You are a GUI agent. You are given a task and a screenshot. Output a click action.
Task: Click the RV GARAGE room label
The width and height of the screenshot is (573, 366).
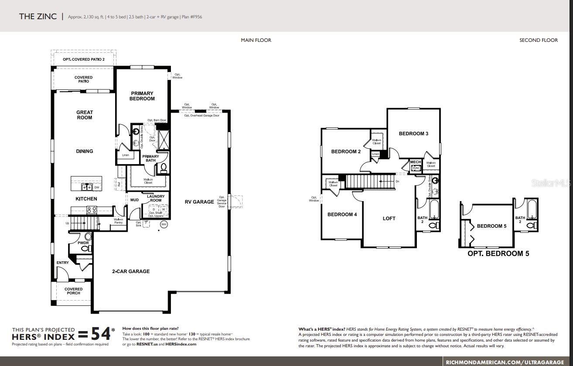point(199,202)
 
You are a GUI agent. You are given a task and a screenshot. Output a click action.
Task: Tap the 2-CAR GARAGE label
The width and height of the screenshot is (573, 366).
point(131,271)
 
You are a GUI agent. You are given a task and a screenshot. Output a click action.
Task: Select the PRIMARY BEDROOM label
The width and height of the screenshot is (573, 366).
point(142,96)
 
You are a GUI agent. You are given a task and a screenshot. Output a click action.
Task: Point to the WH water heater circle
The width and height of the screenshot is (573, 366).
point(164,224)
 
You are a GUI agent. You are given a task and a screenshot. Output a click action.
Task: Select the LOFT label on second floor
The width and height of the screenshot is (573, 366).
point(389,219)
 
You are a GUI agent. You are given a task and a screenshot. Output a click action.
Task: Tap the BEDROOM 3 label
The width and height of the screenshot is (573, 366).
point(413,133)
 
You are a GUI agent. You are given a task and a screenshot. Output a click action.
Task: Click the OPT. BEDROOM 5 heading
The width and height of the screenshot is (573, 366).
point(498,253)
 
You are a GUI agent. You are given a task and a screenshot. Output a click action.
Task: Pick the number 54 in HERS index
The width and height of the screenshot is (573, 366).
point(100,334)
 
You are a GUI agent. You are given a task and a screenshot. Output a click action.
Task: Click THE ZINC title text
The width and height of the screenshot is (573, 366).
point(38,17)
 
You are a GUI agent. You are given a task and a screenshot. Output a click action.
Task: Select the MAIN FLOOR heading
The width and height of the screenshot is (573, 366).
point(256,40)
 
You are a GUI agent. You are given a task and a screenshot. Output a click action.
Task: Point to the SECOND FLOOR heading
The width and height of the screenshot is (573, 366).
point(539,40)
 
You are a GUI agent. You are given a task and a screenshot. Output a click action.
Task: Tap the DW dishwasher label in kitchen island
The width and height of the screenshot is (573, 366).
point(97,187)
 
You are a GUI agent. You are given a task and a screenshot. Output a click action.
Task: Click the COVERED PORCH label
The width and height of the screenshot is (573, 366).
point(74,291)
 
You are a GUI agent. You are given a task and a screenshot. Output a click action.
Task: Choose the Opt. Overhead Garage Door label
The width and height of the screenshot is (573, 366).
point(201,116)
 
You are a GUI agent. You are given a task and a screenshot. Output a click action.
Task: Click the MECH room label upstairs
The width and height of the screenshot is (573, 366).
point(416,162)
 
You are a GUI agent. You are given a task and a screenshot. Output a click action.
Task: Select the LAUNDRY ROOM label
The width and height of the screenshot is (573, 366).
point(156,198)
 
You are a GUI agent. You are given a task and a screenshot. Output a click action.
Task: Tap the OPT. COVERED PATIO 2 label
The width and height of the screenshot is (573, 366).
point(84,59)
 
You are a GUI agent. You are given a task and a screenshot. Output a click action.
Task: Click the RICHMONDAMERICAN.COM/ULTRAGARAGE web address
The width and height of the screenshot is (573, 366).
point(508,362)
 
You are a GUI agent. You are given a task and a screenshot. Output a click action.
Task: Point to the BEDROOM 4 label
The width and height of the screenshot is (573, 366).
point(342,214)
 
